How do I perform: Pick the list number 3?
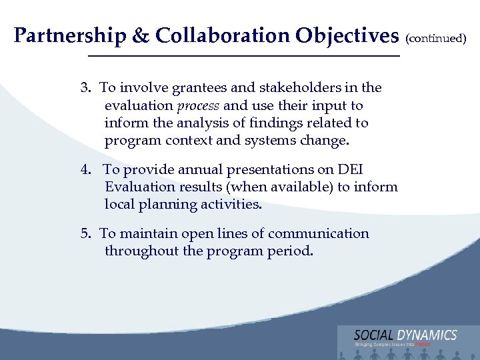85,88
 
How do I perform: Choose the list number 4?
85,170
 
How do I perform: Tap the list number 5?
85,234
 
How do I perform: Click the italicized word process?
198,106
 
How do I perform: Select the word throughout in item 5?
141,251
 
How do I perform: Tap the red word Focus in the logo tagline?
422,345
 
